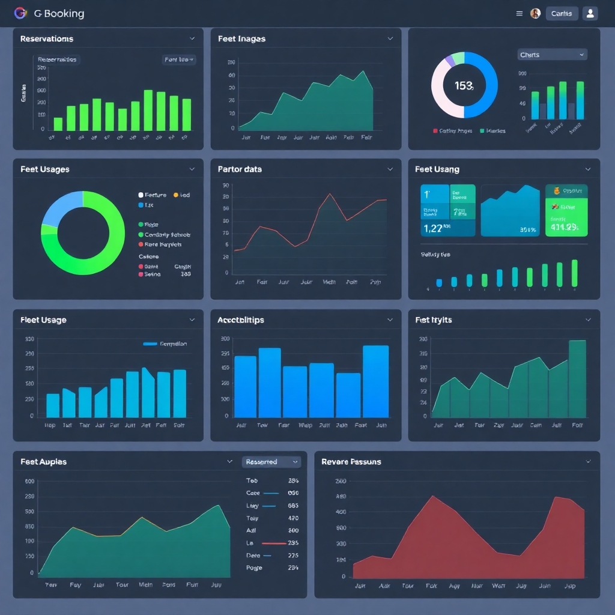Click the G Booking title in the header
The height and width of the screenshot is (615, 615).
(59, 13)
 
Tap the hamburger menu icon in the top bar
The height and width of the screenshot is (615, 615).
(520, 13)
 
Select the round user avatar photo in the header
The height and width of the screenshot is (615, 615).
(535, 13)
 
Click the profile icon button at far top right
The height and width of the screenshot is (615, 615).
(590, 13)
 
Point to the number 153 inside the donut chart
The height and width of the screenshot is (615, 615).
(464, 86)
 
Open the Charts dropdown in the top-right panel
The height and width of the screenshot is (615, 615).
(552, 55)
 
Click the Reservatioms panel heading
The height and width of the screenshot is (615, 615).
(47, 39)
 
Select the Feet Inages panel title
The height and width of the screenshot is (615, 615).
(241, 39)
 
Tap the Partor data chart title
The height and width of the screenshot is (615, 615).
(240, 169)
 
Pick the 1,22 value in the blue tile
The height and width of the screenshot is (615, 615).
(433, 228)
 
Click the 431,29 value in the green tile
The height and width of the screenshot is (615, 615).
(564, 227)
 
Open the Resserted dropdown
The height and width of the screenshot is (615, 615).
(271, 462)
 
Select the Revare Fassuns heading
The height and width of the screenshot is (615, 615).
(351, 462)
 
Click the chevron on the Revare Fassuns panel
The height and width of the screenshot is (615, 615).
(588, 462)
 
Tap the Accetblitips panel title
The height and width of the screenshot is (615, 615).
(240, 320)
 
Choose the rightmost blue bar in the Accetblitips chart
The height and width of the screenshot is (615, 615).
(375, 381)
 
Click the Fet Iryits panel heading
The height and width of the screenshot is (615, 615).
(433, 320)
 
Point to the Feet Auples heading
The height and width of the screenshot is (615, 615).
(43, 462)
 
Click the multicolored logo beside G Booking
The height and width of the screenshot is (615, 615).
(20, 13)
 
